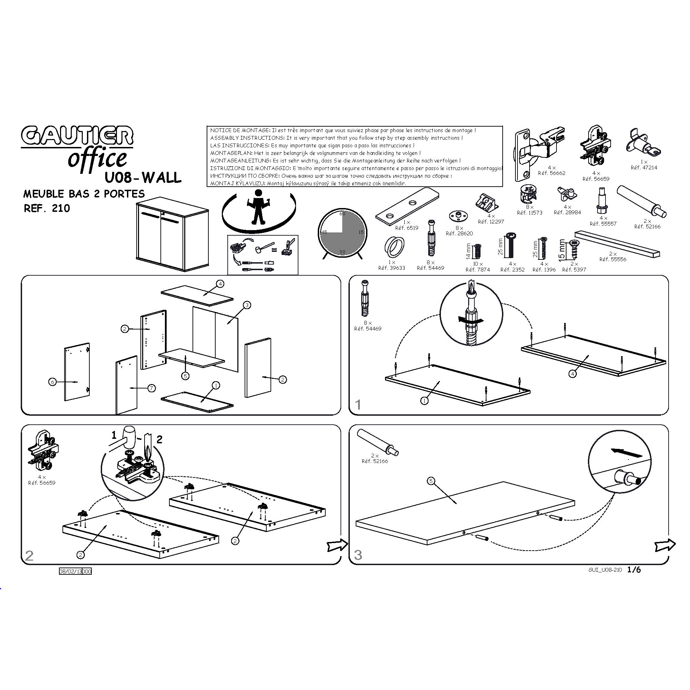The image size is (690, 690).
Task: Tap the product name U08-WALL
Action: pos(143,177)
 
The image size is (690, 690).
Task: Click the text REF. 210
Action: pos(47,209)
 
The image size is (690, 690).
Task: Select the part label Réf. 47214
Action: pos(643,168)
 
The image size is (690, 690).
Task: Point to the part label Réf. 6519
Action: pos(406,228)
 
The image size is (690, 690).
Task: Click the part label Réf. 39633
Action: pos(392,268)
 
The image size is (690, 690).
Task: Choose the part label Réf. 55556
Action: pos(613,259)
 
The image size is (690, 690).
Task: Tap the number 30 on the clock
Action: pos(342,252)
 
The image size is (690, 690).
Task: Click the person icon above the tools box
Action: pos(257,207)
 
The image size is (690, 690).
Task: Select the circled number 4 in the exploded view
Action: pos(220,284)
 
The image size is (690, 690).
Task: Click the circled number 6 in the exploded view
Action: pos(52,382)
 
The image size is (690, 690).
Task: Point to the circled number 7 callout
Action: pos(152,388)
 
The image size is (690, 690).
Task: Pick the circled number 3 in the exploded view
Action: pos(247,305)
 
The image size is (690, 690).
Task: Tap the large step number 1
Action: pos(358,405)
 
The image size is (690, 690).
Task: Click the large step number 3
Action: pos(358,555)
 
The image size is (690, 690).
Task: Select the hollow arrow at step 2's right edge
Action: pos(337,545)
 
